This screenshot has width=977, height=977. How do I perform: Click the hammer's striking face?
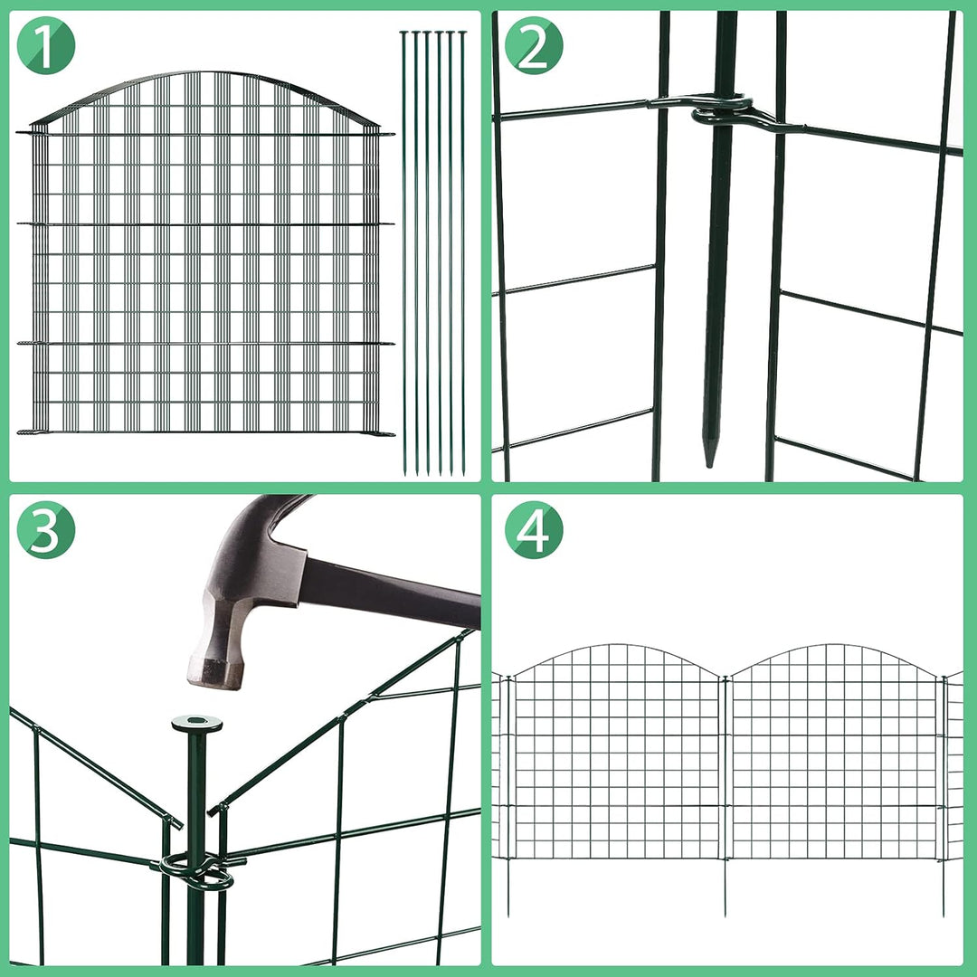[x=215, y=674]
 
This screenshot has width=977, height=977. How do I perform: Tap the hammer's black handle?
[x=389, y=593]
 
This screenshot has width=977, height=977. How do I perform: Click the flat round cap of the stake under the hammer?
[x=196, y=724]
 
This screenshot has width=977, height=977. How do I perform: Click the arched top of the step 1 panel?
[x=206, y=77]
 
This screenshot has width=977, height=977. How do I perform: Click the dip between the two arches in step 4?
[x=725, y=677]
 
